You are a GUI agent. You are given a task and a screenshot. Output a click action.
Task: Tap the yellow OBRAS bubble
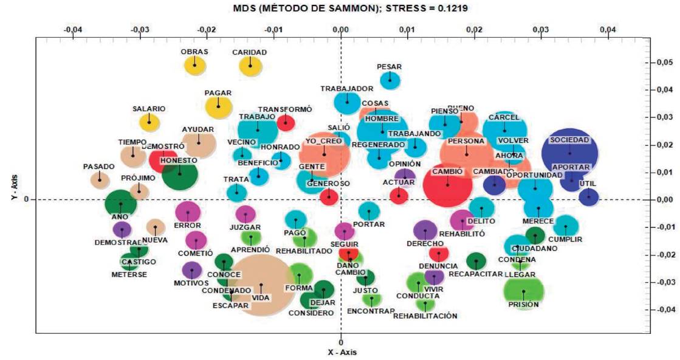click(195, 63)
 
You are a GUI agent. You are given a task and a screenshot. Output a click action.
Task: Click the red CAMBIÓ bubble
click(448, 184)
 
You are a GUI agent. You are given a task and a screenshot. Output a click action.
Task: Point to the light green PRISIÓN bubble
click(523, 291)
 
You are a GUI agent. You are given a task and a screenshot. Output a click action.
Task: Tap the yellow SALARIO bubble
click(149, 121)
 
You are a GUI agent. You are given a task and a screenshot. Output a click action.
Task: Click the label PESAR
click(389, 67)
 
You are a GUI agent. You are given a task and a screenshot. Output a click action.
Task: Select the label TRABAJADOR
click(346, 88)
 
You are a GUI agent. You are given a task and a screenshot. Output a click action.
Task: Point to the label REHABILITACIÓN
click(425, 316)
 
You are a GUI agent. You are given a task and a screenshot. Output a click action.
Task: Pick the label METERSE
click(129, 274)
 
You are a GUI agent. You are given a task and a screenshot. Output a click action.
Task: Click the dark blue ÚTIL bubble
click(588, 196)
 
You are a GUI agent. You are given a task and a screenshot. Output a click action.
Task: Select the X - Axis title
click(340, 353)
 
